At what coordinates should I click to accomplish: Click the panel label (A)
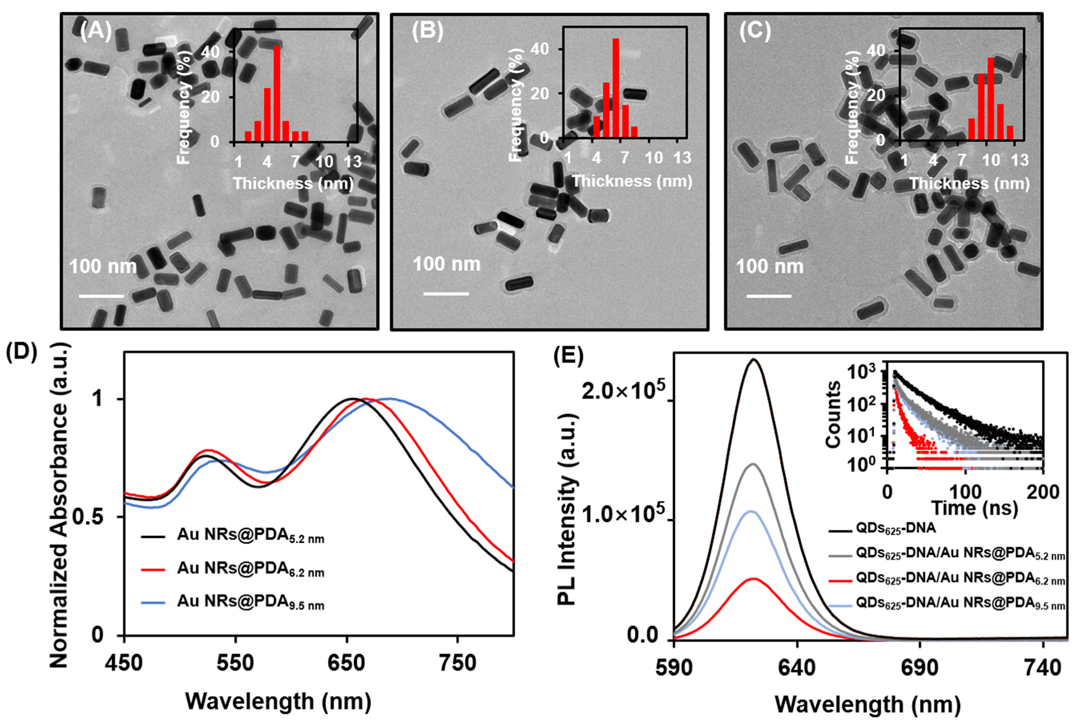96,31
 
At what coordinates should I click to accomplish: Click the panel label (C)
755,31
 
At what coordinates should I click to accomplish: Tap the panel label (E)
568,355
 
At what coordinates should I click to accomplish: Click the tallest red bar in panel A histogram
277,94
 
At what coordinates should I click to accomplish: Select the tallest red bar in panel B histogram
616,88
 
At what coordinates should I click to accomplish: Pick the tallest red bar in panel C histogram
990,99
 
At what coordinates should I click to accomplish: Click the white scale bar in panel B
446,293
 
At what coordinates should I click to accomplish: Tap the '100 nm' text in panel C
769,267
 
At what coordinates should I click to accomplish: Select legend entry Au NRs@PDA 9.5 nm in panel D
250,602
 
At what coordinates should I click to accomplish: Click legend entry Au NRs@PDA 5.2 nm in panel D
250,536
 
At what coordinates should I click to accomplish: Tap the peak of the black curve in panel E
754,360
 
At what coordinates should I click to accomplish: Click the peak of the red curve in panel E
754,579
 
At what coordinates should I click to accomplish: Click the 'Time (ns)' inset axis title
974,507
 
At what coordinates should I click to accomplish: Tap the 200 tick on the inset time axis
1042,491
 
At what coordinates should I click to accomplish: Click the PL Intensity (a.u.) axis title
567,509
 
